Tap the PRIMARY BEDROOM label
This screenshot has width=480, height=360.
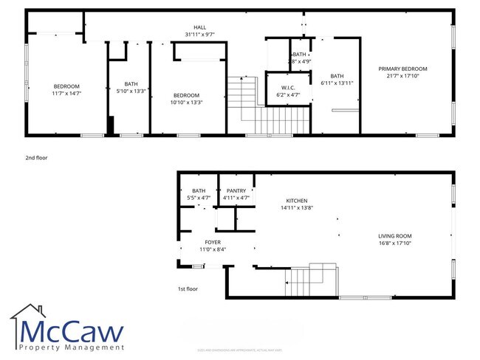[402, 69]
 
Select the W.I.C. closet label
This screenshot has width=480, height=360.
[288, 89]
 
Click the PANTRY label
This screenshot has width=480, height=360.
[236, 191]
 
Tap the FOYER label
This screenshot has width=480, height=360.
[213, 242]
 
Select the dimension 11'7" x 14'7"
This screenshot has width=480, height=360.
[66, 93]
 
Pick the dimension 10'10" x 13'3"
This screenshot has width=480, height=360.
[186, 102]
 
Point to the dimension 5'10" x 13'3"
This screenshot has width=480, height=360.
[131, 91]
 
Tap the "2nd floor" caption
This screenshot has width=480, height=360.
[36, 157]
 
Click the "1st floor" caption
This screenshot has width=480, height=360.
[188, 289]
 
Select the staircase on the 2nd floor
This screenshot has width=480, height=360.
[266, 107]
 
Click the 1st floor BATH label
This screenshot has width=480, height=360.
[199, 191]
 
